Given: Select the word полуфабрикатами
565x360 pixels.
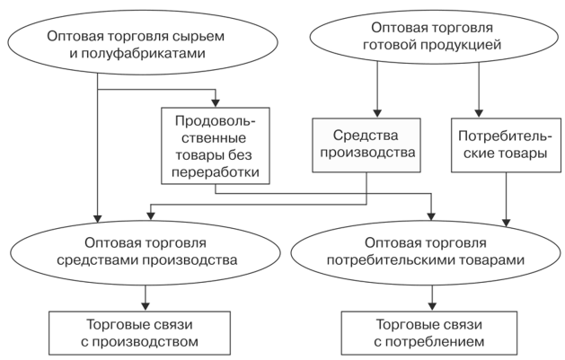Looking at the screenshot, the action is pos(144,53).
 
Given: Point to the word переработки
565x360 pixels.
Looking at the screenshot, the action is pos(216,172).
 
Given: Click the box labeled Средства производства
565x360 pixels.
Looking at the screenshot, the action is pos(366,145).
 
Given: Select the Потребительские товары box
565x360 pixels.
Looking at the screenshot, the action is pos(506,145).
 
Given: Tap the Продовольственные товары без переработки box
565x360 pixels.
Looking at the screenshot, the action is pos(216,145).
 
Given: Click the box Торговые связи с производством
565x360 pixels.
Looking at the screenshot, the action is pos(139,333).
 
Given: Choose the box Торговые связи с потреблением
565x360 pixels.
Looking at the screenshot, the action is pos(429,333).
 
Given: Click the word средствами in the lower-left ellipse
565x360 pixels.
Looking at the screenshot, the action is pos(98,260).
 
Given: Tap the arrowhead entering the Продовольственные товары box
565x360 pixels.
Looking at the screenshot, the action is pos(216,102).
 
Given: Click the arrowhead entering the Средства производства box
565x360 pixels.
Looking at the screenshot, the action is pos(377,113).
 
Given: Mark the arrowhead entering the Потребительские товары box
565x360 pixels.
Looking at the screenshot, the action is pos(479,113).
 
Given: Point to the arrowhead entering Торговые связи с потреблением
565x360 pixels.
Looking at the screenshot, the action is pos(432,306).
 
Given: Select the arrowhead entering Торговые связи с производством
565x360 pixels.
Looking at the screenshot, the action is pos(146,306).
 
